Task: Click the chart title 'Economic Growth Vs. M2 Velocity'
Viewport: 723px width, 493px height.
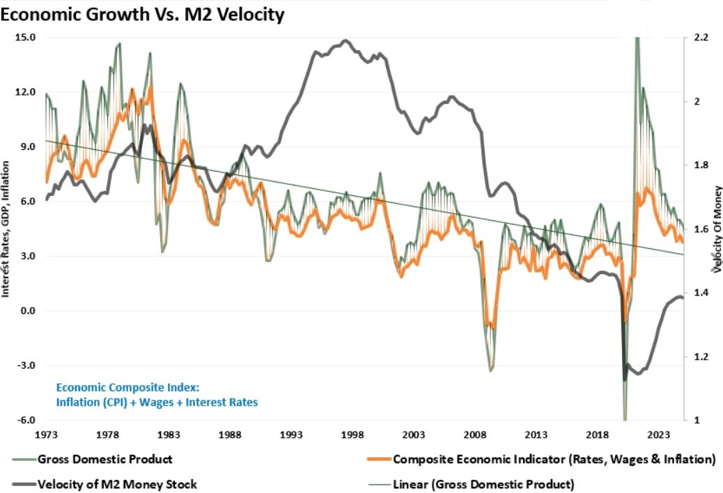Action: click(142, 14)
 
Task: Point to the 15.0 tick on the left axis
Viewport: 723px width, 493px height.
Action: click(25, 38)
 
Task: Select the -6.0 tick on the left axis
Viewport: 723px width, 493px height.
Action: click(25, 420)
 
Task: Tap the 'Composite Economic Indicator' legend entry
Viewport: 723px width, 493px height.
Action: click(554, 459)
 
